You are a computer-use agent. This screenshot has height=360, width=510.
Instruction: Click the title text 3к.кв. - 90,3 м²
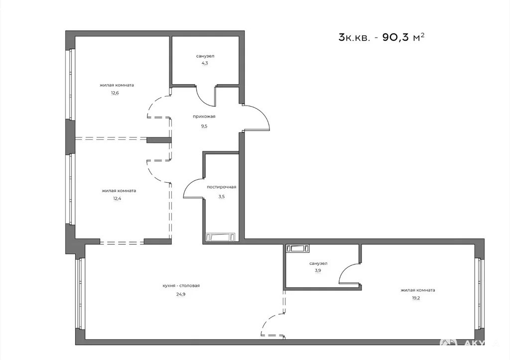(382, 37)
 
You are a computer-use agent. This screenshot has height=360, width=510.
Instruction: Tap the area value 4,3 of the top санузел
(205, 63)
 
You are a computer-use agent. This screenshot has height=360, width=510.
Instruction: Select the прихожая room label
(204, 117)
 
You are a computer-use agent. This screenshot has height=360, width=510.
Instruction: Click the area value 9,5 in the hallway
(204, 126)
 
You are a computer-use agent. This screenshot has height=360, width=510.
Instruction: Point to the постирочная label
(222, 187)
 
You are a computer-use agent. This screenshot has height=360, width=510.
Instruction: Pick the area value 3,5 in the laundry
(222, 196)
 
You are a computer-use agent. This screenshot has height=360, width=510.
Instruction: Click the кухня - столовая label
(181, 286)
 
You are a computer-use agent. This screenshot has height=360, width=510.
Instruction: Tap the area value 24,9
(181, 295)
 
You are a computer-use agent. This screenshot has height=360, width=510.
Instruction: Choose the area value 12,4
(117, 198)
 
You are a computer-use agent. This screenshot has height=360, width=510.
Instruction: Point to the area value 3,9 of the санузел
(318, 270)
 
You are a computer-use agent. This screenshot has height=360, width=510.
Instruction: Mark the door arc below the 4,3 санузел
(204, 99)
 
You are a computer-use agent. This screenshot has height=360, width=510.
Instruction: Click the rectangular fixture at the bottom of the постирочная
(221, 237)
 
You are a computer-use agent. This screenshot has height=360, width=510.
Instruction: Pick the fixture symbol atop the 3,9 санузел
(298, 249)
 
